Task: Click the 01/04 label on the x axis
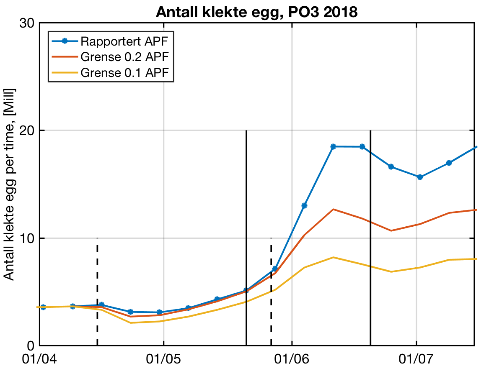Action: click(x=39, y=358)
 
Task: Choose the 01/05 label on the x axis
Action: click(x=163, y=358)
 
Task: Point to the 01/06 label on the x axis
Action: click(x=292, y=358)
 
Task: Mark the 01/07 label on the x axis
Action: click(x=416, y=358)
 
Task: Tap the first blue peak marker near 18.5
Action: click(x=333, y=146)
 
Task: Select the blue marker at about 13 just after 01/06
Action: click(x=305, y=206)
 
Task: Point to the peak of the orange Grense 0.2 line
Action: click(x=333, y=209)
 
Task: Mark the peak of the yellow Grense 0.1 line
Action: click(x=333, y=257)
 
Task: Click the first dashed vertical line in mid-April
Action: click(x=97, y=293)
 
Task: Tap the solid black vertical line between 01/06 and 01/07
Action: click(x=370, y=238)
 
